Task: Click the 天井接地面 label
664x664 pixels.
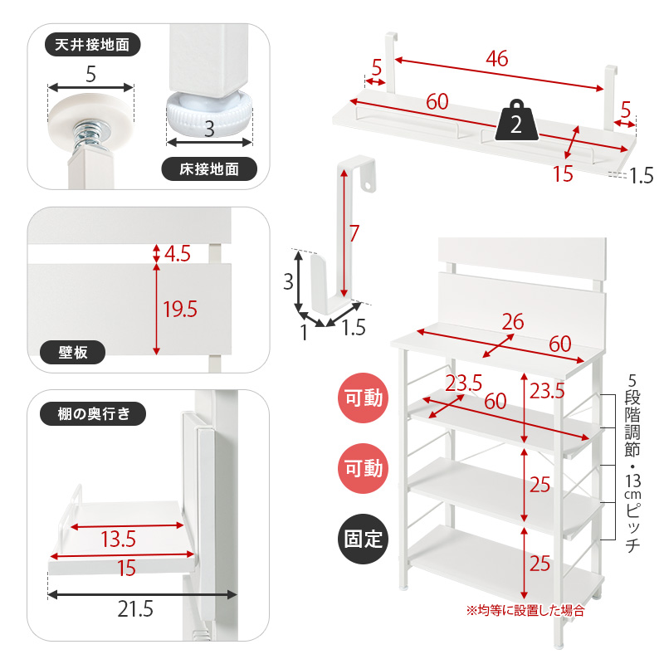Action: point(92,45)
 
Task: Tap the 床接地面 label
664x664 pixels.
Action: point(209,169)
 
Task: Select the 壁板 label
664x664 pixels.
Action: point(72,352)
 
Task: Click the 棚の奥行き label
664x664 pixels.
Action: point(93,413)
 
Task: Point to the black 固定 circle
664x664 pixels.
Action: point(363,539)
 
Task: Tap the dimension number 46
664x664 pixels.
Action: point(496,58)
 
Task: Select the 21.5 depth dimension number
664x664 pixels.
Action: point(135,609)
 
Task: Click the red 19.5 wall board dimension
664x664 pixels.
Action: point(180,309)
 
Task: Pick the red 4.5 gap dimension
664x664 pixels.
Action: point(178,254)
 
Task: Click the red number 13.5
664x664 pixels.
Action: point(118,539)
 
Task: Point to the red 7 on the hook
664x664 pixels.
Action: point(354,233)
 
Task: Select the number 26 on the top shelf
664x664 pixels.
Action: point(513,322)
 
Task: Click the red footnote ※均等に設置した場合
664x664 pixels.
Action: point(525,610)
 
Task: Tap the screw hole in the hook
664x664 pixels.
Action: point(368,185)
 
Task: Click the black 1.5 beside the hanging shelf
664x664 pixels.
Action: point(642,176)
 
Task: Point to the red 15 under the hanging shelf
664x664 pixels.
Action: point(563,173)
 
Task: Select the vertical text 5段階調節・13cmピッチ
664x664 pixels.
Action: point(632,463)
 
